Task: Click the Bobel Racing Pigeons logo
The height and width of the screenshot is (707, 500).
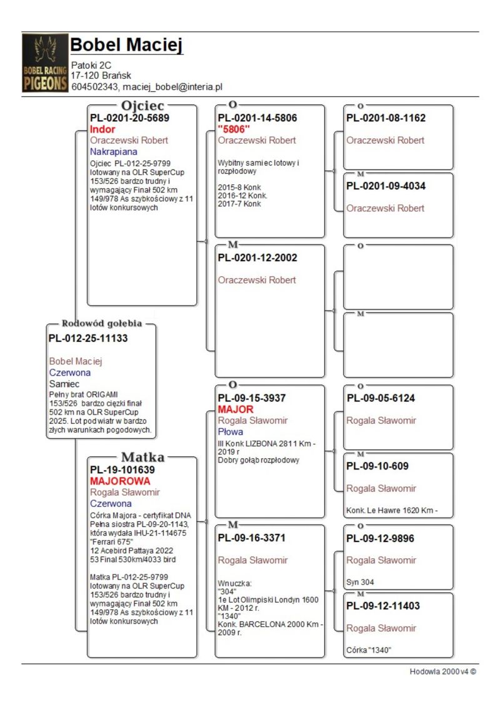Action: click(45, 63)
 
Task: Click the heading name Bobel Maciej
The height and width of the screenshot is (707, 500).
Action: click(126, 45)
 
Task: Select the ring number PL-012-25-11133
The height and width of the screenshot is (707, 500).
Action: click(88, 338)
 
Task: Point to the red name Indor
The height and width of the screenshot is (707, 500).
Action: click(102, 129)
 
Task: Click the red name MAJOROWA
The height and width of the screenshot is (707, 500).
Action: click(120, 481)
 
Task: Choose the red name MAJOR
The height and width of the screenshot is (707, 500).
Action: click(236, 409)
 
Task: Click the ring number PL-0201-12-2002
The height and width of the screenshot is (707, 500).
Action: click(257, 258)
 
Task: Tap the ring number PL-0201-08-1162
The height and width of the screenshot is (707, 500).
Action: click(386, 118)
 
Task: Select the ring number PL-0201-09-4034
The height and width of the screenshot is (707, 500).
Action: click(386, 186)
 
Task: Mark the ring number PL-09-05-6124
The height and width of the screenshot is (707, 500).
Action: click(381, 398)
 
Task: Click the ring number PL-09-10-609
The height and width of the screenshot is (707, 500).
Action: click(378, 466)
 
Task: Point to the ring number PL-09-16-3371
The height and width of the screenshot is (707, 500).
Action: click(253, 538)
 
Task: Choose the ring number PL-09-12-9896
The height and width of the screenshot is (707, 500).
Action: click(381, 538)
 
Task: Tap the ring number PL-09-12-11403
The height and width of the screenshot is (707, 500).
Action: click(383, 606)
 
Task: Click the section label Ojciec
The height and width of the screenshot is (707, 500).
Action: click(142, 106)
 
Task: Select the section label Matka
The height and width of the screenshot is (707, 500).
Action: click(142, 456)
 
